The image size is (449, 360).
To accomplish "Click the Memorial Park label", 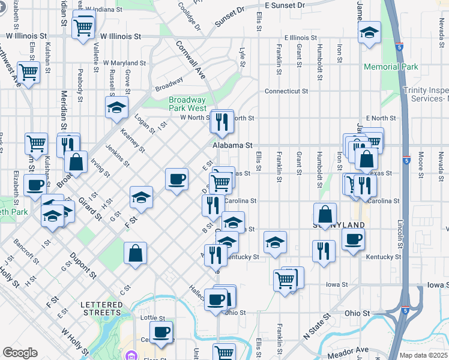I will (x=391, y=67).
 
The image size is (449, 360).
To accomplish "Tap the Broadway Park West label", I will (x=187, y=104).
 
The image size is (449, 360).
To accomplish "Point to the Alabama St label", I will (x=232, y=145).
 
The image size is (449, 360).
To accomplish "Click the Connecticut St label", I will (x=287, y=92).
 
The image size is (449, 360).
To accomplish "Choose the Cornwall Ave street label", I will (x=190, y=59).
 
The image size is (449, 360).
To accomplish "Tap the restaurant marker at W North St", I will (x=221, y=122).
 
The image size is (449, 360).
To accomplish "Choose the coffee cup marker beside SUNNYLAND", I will (x=353, y=239).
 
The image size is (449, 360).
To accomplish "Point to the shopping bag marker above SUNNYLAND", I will (x=325, y=214).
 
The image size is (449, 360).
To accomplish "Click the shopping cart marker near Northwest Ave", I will (x=28, y=73).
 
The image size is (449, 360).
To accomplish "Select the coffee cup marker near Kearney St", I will (x=176, y=179).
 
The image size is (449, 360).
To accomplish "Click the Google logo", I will (x=20, y=353).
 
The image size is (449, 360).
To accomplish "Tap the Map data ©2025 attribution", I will (x=423, y=355).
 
